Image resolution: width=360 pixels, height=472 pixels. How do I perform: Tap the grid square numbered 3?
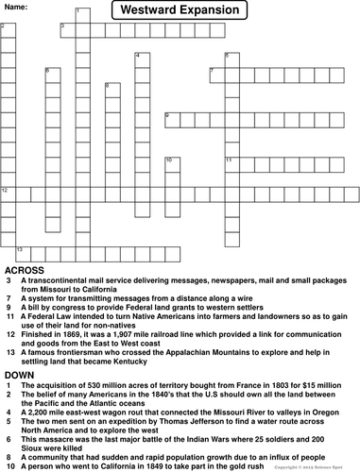tap(64, 29)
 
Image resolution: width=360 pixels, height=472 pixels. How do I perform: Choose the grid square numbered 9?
tap(170, 119)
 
